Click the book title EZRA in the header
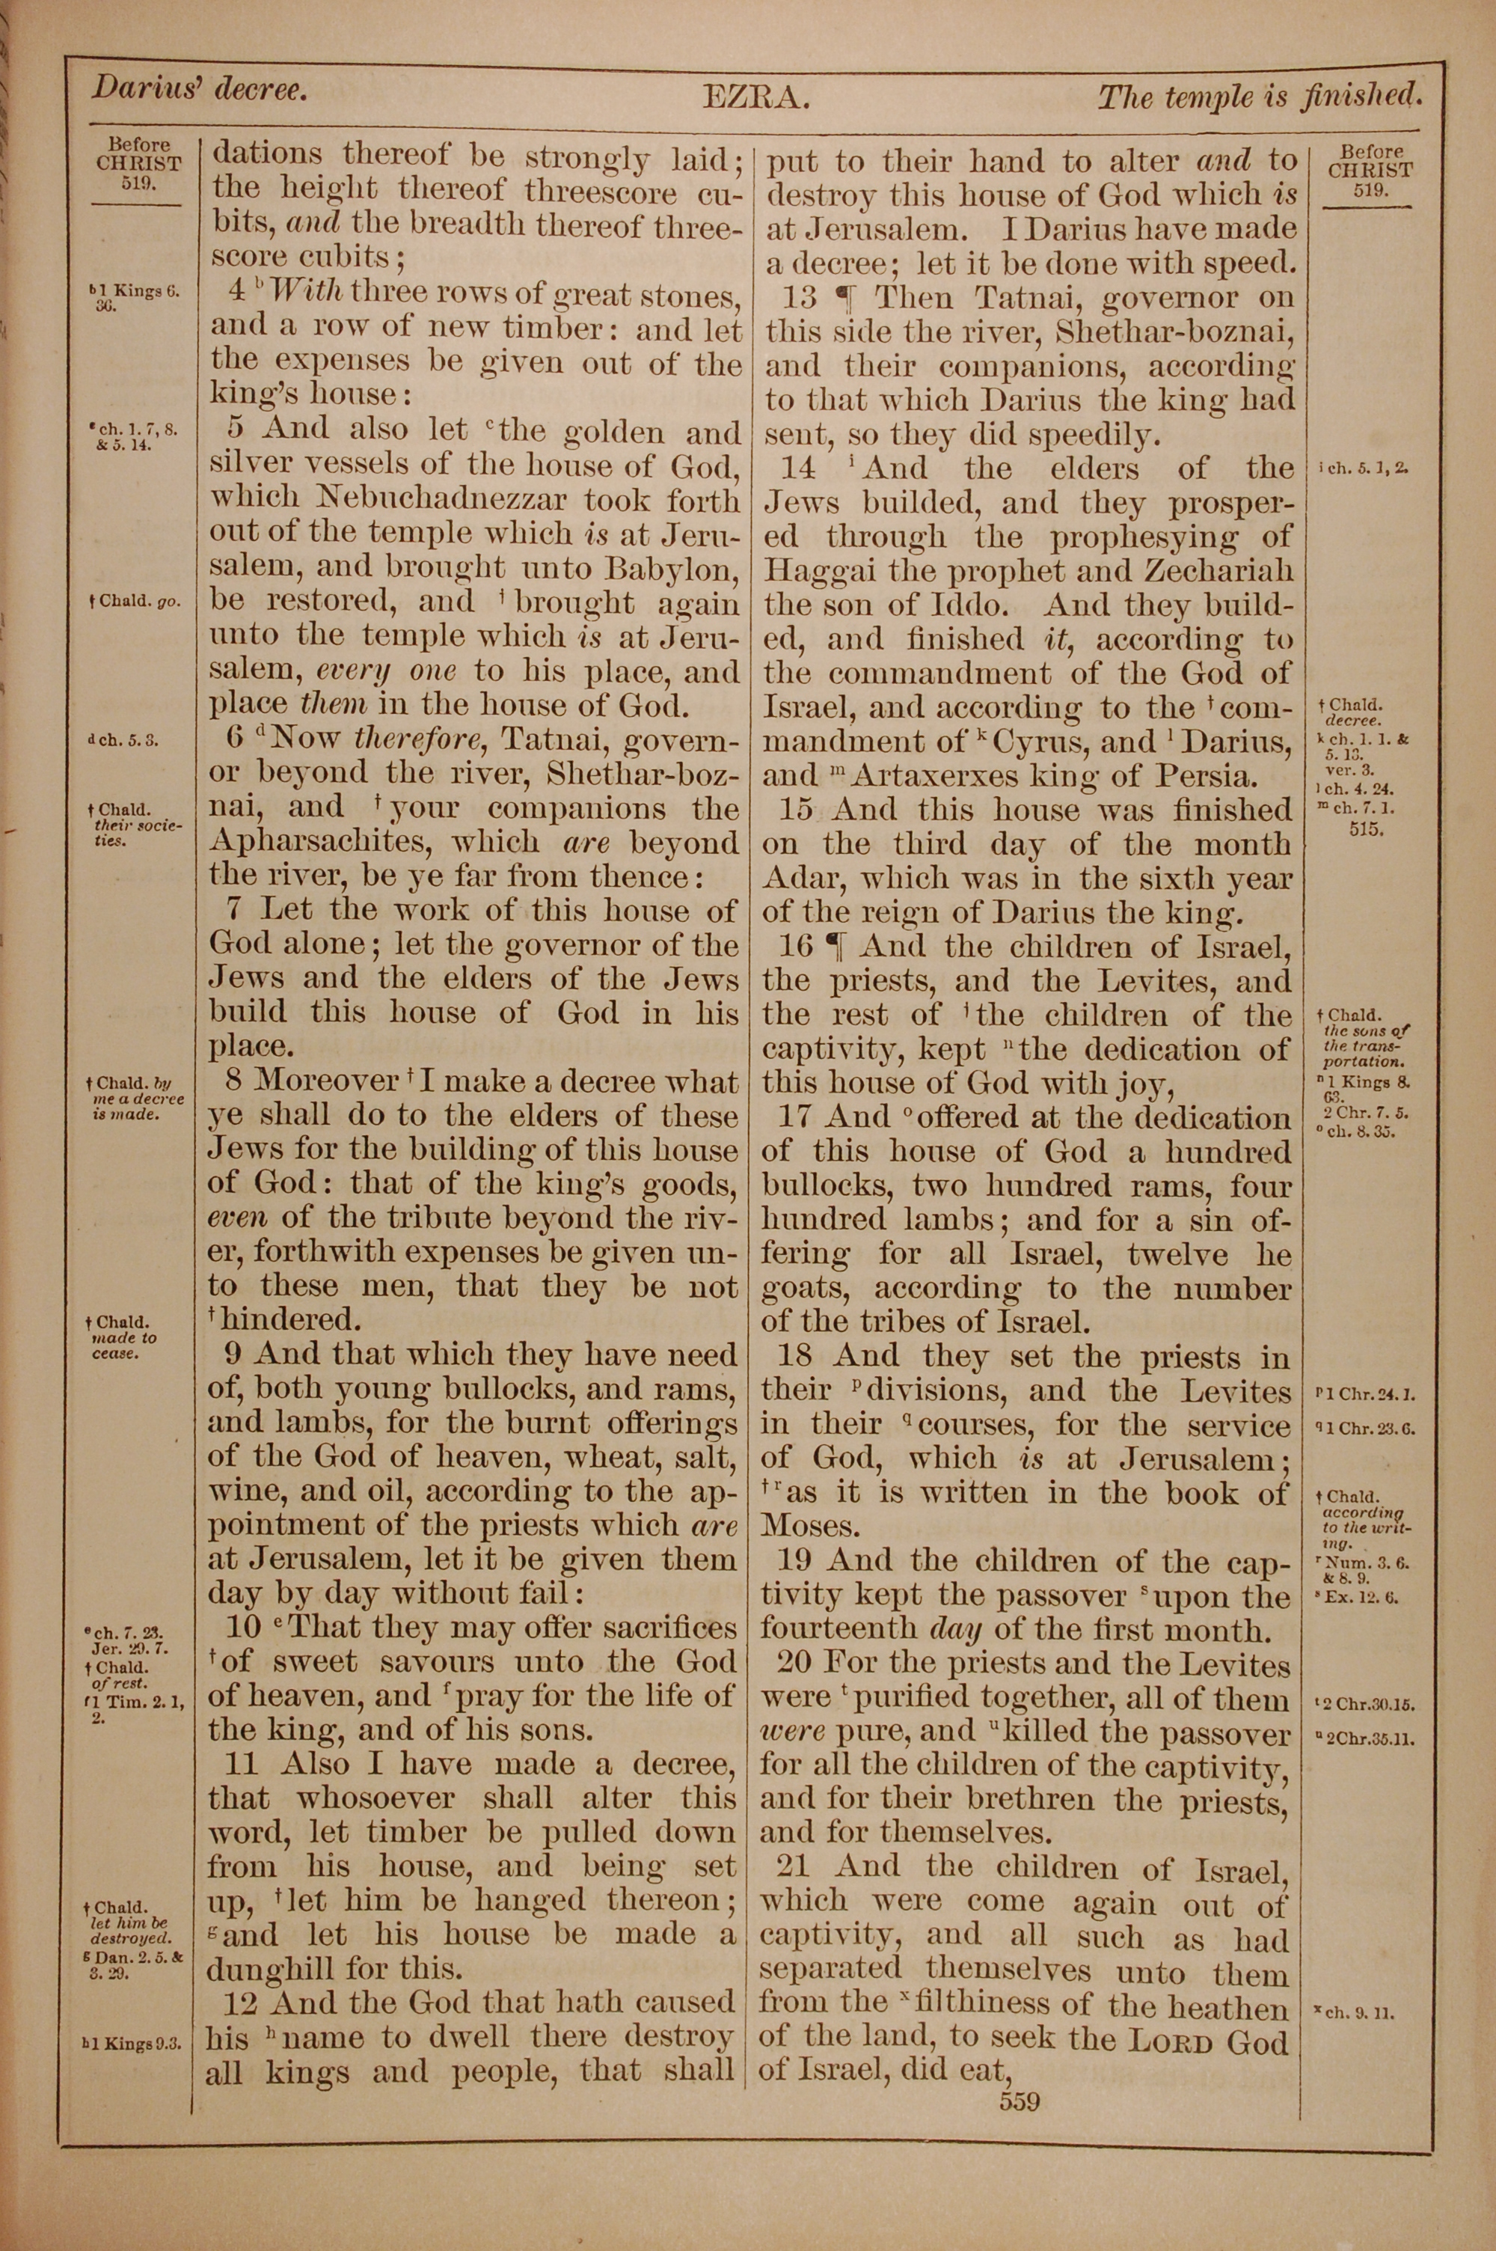(756, 97)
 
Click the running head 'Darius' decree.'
(200, 90)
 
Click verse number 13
(800, 298)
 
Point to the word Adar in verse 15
(800, 879)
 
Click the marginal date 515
(1367, 829)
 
